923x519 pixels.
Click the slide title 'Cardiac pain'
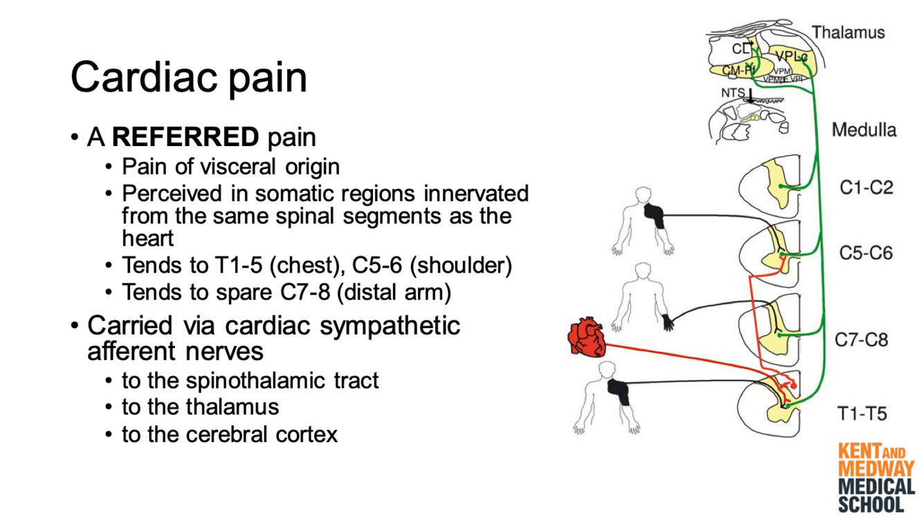[x=188, y=77]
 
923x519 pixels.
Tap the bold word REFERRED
[x=185, y=137]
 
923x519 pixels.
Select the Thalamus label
[x=848, y=32]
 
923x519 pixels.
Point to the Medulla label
[x=863, y=129]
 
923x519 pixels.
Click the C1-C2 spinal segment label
[x=866, y=188]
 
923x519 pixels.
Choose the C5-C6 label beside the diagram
[x=866, y=253]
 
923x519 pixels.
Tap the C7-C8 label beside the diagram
[x=861, y=340]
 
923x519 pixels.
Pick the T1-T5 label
[x=861, y=414]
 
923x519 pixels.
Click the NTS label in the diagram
[x=733, y=93]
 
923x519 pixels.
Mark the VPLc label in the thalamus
[x=791, y=55]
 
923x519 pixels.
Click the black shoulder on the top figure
[x=655, y=215]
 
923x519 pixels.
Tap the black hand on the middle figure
[x=668, y=321]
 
